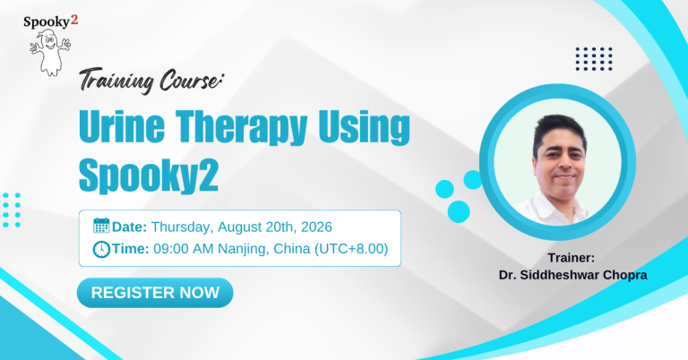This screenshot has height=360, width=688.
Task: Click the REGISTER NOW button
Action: pos(155,293)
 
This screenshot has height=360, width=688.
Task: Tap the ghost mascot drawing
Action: pos(49,53)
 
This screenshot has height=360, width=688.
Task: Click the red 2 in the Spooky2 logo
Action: pos(74,20)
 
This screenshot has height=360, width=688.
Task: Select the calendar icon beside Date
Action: pos(101,226)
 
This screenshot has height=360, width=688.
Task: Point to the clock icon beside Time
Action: pos(101,249)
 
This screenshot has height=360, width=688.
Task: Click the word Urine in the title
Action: pos(122,127)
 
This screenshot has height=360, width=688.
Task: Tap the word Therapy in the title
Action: pos(241,128)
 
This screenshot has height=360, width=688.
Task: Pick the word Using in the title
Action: pos(364,127)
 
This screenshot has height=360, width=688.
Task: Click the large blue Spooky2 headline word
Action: pos(149,175)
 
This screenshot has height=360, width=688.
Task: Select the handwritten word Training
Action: pos(116,81)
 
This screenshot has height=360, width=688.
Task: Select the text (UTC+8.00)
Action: pos(351,249)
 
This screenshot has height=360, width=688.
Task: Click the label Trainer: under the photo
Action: pos(571,258)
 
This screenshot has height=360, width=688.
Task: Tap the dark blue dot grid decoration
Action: pos(594,59)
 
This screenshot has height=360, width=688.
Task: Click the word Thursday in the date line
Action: pos(183,227)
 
